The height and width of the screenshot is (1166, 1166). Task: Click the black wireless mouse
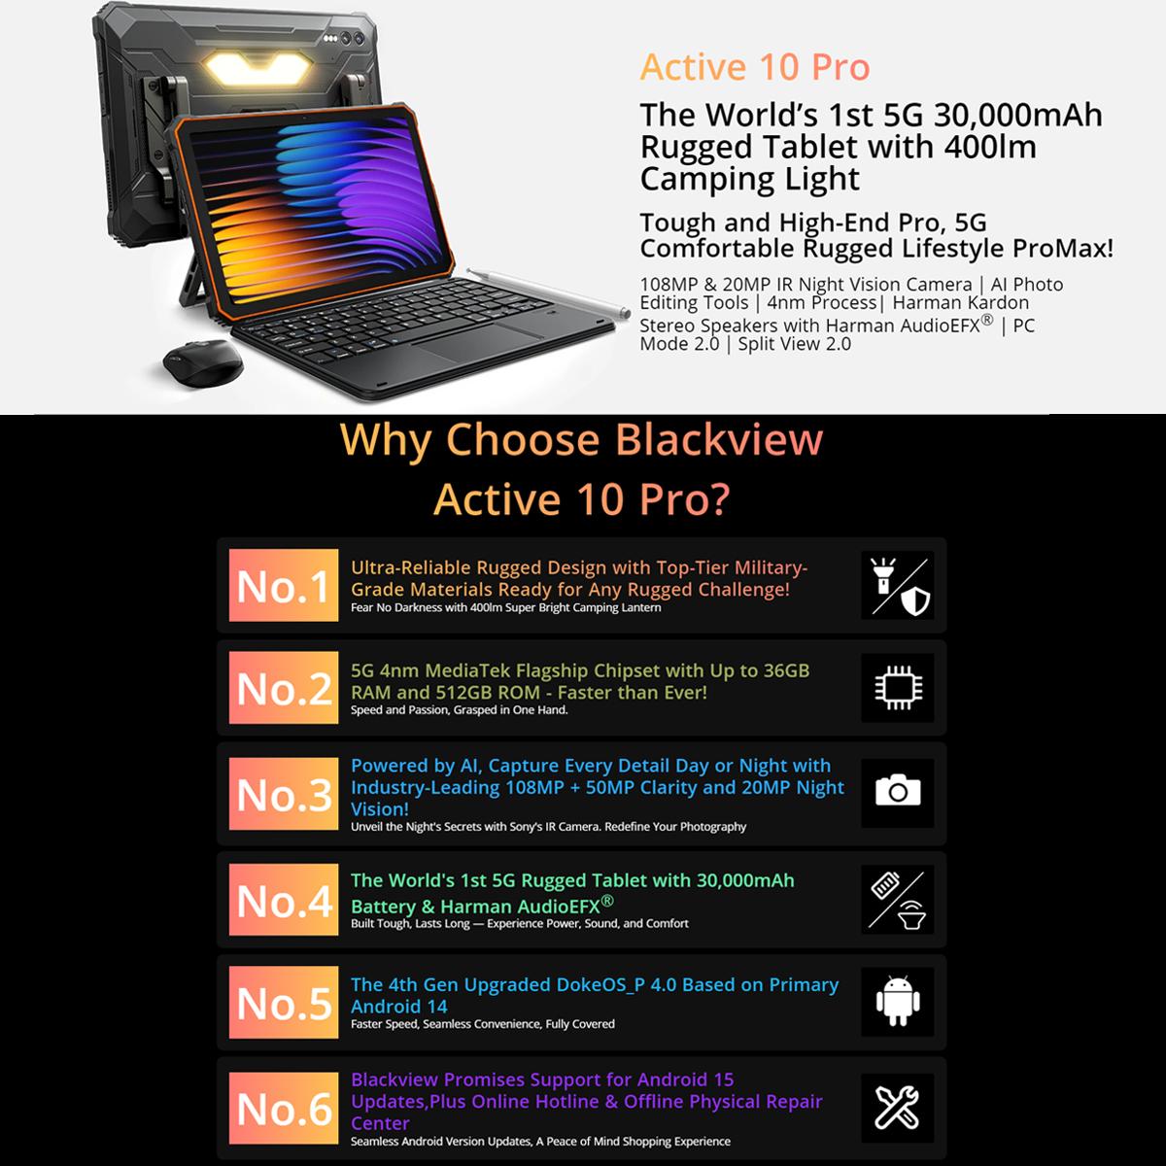[203, 363]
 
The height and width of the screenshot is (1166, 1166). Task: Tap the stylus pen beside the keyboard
[549, 292]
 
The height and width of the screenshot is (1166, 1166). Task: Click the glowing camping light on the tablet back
[259, 68]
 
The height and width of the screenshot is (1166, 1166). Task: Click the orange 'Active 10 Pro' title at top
[755, 67]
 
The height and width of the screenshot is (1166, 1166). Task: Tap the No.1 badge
[284, 585]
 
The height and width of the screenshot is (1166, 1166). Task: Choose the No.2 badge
[284, 687]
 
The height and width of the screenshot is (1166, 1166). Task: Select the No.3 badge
[284, 793]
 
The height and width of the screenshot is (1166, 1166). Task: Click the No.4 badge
[284, 899]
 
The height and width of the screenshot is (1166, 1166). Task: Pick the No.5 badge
[284, 1002]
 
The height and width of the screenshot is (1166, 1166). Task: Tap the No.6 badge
[284, 1108]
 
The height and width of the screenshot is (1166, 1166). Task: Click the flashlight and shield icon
[898, 585]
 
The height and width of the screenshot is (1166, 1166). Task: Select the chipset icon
[898, 687]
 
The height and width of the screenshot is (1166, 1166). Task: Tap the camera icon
[898, 790]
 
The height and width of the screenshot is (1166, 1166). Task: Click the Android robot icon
[898, 1001]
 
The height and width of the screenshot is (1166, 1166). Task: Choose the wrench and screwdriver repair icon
[898, 1108]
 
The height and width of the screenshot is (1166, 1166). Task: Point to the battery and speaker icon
[898, 900]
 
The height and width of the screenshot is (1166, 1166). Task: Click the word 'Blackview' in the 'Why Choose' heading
[719, 439]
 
